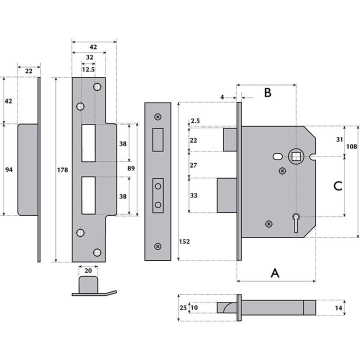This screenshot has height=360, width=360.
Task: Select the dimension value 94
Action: click(x=8, y=170)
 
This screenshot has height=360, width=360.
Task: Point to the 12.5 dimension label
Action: click(x=88, y=69)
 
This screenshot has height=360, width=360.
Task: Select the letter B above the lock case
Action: click(x=267, y=92)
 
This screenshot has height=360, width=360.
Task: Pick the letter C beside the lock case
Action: click(x=337, y=186)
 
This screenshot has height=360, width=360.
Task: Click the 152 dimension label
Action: click(x=185, y=242)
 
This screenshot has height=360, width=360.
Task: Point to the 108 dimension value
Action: click(x=352, y=146)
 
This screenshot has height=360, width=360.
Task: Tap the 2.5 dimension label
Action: click(x=195, y=121)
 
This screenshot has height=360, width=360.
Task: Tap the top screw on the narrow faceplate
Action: click(x=158, y=117)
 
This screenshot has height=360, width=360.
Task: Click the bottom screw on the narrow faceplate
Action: click(x=158, y=245)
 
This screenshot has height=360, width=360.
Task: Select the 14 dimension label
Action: click(x=338, y=308)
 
